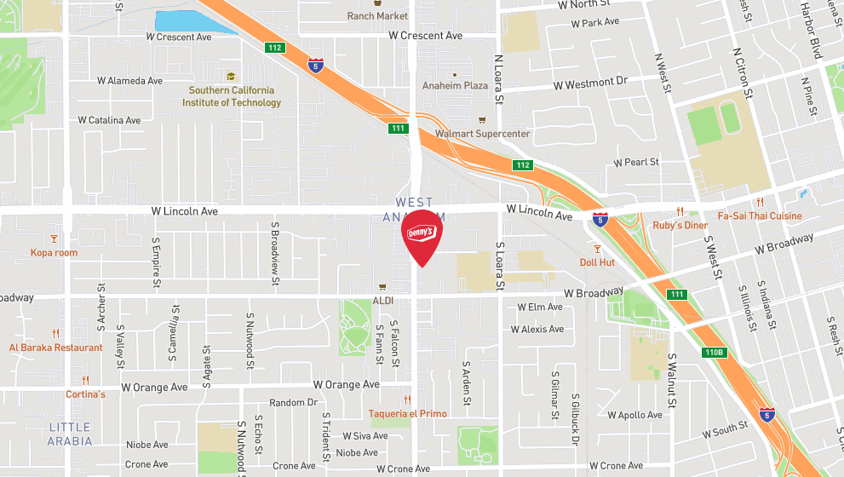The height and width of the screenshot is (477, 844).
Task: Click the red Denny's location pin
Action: [422, 237]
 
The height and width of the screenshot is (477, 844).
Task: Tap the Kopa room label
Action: [55, 253]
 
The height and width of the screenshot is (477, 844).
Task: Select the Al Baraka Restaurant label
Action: [56, 348]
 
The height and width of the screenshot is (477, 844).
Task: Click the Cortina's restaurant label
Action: [86, 394]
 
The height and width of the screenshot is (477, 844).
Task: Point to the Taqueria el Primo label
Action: [407, 414]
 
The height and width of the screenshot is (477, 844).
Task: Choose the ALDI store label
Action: [383, 301]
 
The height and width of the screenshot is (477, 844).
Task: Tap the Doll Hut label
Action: [597, 262]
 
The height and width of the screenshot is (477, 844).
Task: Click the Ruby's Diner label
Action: [680, 225]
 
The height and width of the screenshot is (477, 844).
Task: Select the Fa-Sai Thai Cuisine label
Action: [760, 216]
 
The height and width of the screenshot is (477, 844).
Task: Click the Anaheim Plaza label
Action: [455, 85]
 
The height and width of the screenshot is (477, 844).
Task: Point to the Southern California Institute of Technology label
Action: [232, 96]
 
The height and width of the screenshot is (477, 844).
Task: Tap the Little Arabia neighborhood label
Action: [70, 434]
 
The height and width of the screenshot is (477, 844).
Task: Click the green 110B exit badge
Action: [714, 352]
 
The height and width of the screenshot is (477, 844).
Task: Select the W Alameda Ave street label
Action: [129, 81]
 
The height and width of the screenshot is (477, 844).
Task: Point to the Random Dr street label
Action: [293, 403]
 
